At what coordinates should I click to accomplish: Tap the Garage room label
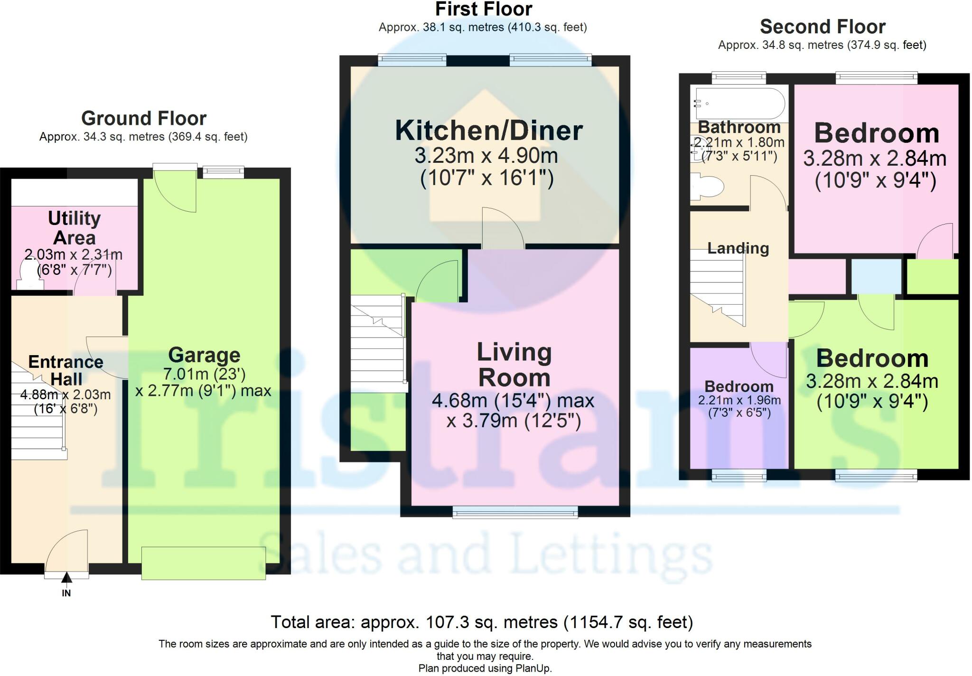[204, 355]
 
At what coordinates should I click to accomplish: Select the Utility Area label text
[75, 228]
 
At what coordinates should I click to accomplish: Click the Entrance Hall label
[66, 370]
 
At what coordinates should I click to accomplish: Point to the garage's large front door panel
[204, 563]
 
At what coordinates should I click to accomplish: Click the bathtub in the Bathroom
[739, 103]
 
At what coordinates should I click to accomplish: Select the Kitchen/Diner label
[489, 131]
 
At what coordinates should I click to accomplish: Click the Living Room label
[514, 365]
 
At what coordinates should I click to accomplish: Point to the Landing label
[738, 248]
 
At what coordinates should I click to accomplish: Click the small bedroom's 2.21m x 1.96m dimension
[739, 400]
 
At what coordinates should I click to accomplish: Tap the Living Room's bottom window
[515, 512]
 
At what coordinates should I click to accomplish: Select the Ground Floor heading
[144, 118]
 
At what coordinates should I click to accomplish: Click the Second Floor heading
[822, 27]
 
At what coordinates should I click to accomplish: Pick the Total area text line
[482, 622]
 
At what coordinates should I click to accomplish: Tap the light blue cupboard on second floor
[876, 276]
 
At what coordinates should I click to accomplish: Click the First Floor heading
[484, 9]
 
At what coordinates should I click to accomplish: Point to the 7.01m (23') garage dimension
[204, 374]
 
